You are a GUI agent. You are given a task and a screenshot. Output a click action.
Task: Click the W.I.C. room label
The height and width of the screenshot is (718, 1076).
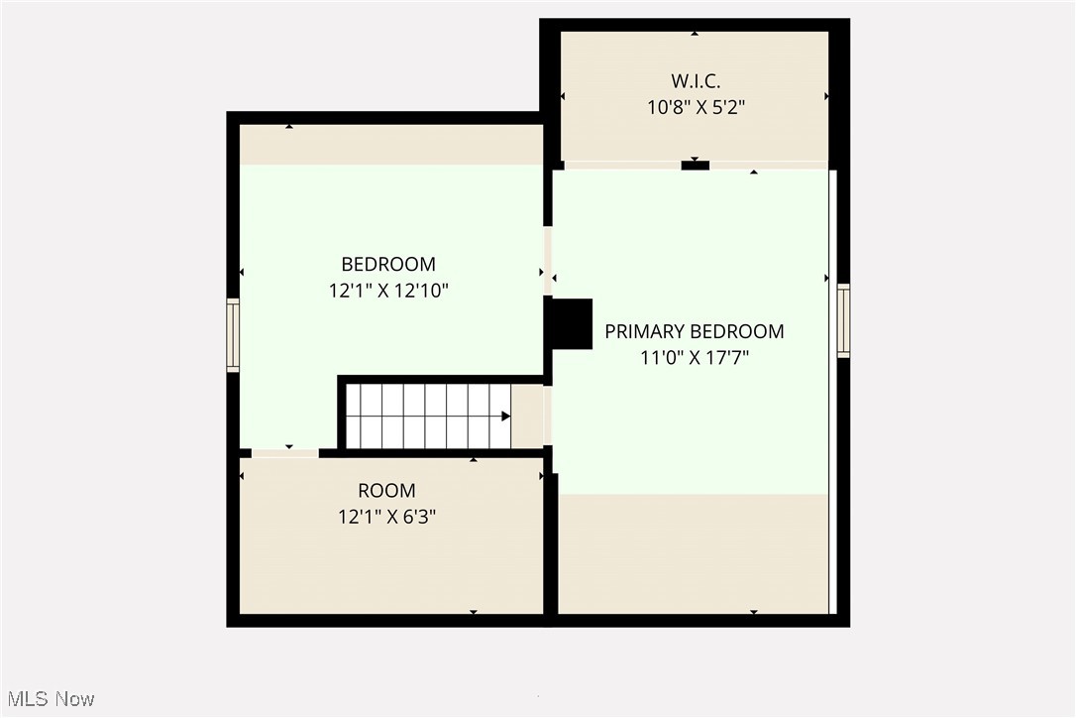695,80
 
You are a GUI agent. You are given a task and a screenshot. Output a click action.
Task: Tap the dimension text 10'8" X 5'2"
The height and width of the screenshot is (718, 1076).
695,106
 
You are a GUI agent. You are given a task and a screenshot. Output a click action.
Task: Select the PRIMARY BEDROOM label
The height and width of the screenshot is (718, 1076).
694,331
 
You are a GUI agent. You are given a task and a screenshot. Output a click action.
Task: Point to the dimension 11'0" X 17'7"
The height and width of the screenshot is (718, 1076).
694,357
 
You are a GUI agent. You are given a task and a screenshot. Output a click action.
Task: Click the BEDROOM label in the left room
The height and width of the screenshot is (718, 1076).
388,264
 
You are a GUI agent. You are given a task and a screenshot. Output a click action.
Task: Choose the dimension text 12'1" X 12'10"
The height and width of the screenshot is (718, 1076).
388,291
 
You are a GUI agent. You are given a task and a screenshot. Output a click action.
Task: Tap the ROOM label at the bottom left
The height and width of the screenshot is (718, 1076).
386,490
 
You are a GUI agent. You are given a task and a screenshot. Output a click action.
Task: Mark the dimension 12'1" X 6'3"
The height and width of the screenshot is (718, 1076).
386,516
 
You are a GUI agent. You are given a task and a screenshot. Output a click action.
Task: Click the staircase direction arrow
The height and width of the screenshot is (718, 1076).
505,417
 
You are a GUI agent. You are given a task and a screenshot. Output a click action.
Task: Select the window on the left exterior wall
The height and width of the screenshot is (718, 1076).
233,335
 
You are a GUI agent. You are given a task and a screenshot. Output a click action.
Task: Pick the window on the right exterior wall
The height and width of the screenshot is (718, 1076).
843,320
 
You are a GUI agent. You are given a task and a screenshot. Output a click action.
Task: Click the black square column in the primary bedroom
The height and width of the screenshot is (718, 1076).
572,323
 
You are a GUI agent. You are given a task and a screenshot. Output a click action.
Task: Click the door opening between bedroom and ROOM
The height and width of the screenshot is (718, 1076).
284,453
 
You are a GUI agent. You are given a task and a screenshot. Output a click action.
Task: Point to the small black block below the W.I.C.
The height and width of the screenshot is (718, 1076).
695,166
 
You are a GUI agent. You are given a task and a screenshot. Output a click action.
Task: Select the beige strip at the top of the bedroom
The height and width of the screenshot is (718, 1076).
390,145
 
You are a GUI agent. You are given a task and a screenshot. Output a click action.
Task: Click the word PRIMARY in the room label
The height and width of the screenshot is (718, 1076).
644,331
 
